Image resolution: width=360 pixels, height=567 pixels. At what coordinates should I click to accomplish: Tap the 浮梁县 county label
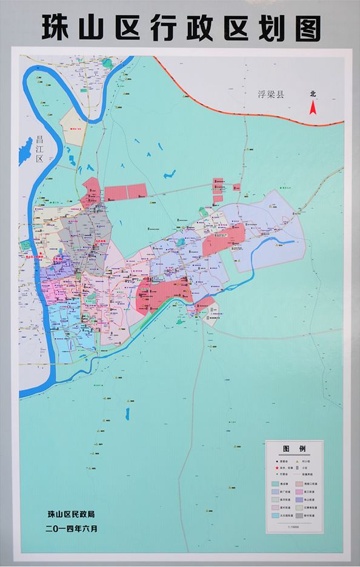[272, 95]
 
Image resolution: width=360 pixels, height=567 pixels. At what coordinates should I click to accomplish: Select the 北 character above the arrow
[313, 94]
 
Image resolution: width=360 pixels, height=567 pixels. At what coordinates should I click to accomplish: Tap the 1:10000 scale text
[293, 527]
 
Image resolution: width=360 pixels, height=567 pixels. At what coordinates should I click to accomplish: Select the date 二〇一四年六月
[71, 528]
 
